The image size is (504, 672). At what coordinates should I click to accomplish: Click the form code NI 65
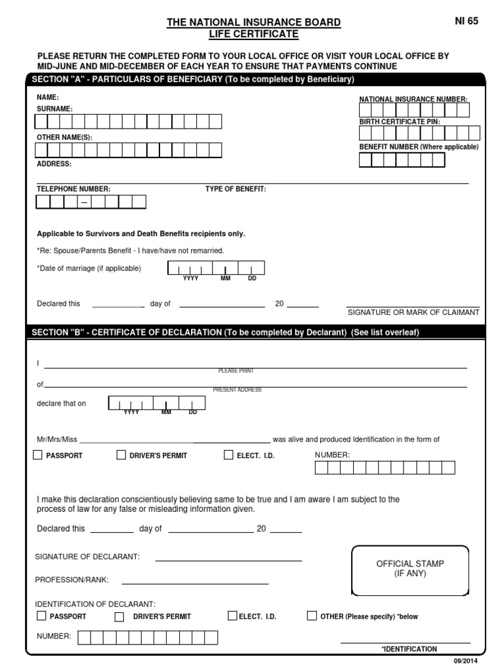[x=467, y=21]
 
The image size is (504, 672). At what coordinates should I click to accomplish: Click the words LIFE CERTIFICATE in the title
[x=253, y=33]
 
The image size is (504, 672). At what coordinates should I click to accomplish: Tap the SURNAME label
[x=54, y=108]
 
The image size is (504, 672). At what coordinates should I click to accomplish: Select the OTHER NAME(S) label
[x=64, y=137]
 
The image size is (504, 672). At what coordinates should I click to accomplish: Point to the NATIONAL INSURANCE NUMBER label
[x=413, y=99]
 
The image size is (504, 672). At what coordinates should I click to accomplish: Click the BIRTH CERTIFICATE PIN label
[x=399, y=122]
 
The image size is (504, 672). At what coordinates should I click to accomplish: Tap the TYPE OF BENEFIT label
[x=236, y=189]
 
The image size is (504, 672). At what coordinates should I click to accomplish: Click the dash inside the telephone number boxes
[x=84, y=203]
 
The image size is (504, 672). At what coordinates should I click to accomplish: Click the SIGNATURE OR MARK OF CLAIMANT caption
[x=413, y=312]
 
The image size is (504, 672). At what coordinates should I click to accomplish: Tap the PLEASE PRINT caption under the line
[x=236, y=371]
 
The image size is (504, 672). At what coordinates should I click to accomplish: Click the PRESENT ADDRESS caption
[x=237, y=390]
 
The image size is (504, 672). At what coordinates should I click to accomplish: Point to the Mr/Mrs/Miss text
[x=56, y=439]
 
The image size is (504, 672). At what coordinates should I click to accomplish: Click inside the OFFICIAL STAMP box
[x=410, y=568]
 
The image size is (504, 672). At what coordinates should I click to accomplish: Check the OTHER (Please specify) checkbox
[x=312, y=616]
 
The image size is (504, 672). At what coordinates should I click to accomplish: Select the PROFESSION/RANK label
[x=72, y=579]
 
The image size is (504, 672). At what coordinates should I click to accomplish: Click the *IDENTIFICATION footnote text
[x=409, y=649]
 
